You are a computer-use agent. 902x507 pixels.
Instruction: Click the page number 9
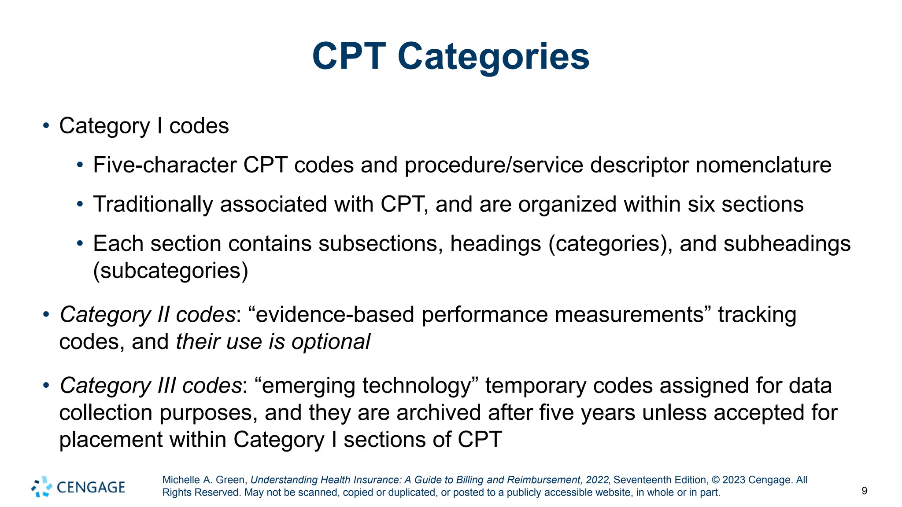point(864,491)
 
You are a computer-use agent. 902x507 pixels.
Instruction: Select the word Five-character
point(165,165)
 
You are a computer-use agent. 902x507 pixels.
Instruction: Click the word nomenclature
point(763,165)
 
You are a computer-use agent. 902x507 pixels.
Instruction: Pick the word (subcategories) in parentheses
point(170,271)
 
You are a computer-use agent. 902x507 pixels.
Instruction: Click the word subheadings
point(787,244)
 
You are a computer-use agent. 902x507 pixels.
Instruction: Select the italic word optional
point(331,342)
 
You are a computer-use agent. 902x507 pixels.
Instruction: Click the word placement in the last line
point(111,440)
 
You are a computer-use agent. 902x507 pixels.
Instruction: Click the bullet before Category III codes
point(46,386)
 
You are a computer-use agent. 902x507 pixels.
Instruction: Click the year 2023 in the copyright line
point(734,480)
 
